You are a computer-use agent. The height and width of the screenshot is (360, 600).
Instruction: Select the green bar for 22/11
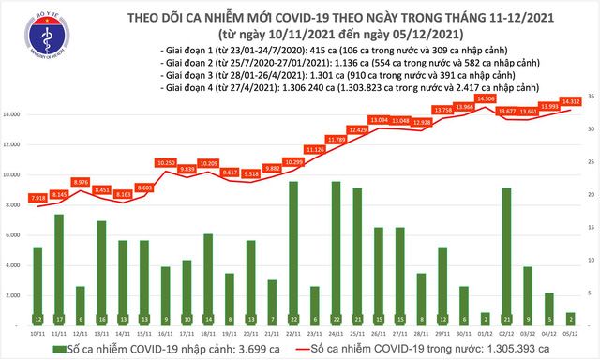point(293,253)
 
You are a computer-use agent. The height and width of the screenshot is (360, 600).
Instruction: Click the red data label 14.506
point(485,97)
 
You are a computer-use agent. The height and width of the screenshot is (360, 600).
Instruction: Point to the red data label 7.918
point(37,198)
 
